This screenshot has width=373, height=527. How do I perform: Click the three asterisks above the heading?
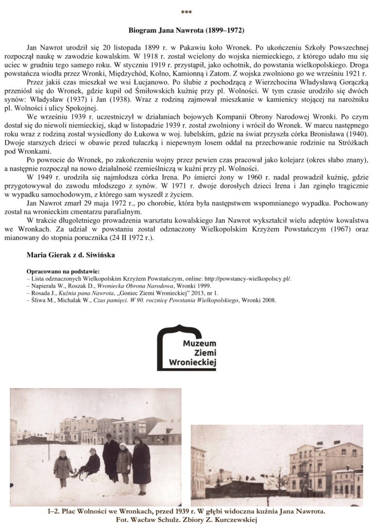[186, 11]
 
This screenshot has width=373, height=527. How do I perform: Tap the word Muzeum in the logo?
[200, 344]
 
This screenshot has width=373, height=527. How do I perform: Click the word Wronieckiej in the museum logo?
[193, 363]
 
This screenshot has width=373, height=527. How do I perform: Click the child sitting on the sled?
[92, 462]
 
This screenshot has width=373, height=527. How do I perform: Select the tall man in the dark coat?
[110, 456]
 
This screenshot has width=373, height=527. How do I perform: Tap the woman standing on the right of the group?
[141, 461]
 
